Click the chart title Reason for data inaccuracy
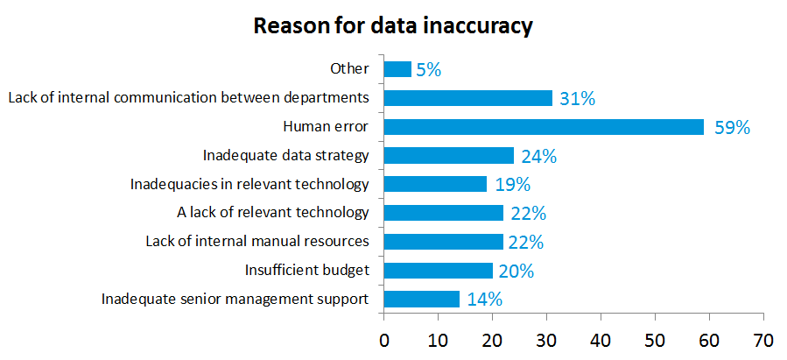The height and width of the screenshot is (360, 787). pos(393,26)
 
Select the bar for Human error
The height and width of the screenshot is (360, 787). pos(544,127)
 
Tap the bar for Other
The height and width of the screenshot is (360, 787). pos(397,69)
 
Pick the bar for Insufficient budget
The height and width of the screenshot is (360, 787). pos(438,271)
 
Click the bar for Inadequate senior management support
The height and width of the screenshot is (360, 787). pos(422,300)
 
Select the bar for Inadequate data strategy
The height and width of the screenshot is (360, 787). pos(449,156)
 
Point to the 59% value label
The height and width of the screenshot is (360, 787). pos(732,128)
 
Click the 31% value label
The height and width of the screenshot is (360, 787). pos(577,99)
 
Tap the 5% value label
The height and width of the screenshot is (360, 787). pos(428,70)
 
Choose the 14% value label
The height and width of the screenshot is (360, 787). pos(484,300)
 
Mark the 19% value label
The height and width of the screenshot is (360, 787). pos(511,185)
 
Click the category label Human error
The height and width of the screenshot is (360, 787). pos(326,127)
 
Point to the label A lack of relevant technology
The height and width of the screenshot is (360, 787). pos(273,213)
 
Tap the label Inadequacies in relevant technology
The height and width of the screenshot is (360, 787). pos(249,185)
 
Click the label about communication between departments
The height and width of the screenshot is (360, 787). pos(188,98)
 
